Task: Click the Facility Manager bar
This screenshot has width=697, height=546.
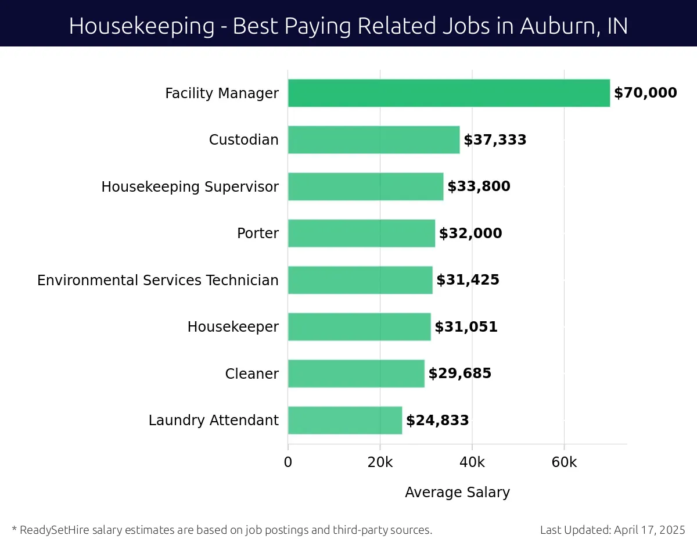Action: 448,93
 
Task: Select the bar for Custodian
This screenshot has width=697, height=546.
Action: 373,140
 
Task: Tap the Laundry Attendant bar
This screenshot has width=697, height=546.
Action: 345,420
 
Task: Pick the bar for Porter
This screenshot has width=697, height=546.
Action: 361,233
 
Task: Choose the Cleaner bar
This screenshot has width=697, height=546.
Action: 356,373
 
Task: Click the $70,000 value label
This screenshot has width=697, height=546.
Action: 645,93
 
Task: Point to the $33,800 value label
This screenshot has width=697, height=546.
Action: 479,186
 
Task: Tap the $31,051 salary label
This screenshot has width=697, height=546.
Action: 466,327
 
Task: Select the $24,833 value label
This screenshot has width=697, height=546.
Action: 437,421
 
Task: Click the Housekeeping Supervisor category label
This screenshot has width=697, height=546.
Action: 190,187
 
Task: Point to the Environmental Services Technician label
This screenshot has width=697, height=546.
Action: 158,281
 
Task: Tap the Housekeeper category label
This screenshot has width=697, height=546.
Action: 233,327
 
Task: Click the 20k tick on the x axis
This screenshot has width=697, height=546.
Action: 380,462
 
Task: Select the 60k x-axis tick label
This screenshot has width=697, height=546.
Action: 564,462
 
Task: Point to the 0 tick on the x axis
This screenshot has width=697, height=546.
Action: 288,462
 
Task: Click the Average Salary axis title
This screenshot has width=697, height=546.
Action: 457,493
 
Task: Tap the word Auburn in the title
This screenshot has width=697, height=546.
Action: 555,26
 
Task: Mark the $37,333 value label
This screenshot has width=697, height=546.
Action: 495,140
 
